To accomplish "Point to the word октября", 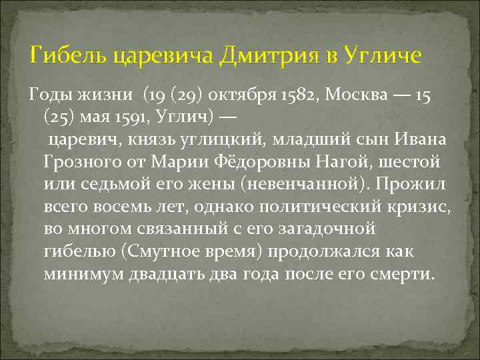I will (x=242, y=95).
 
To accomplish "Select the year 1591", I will (x=144, y=117).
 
